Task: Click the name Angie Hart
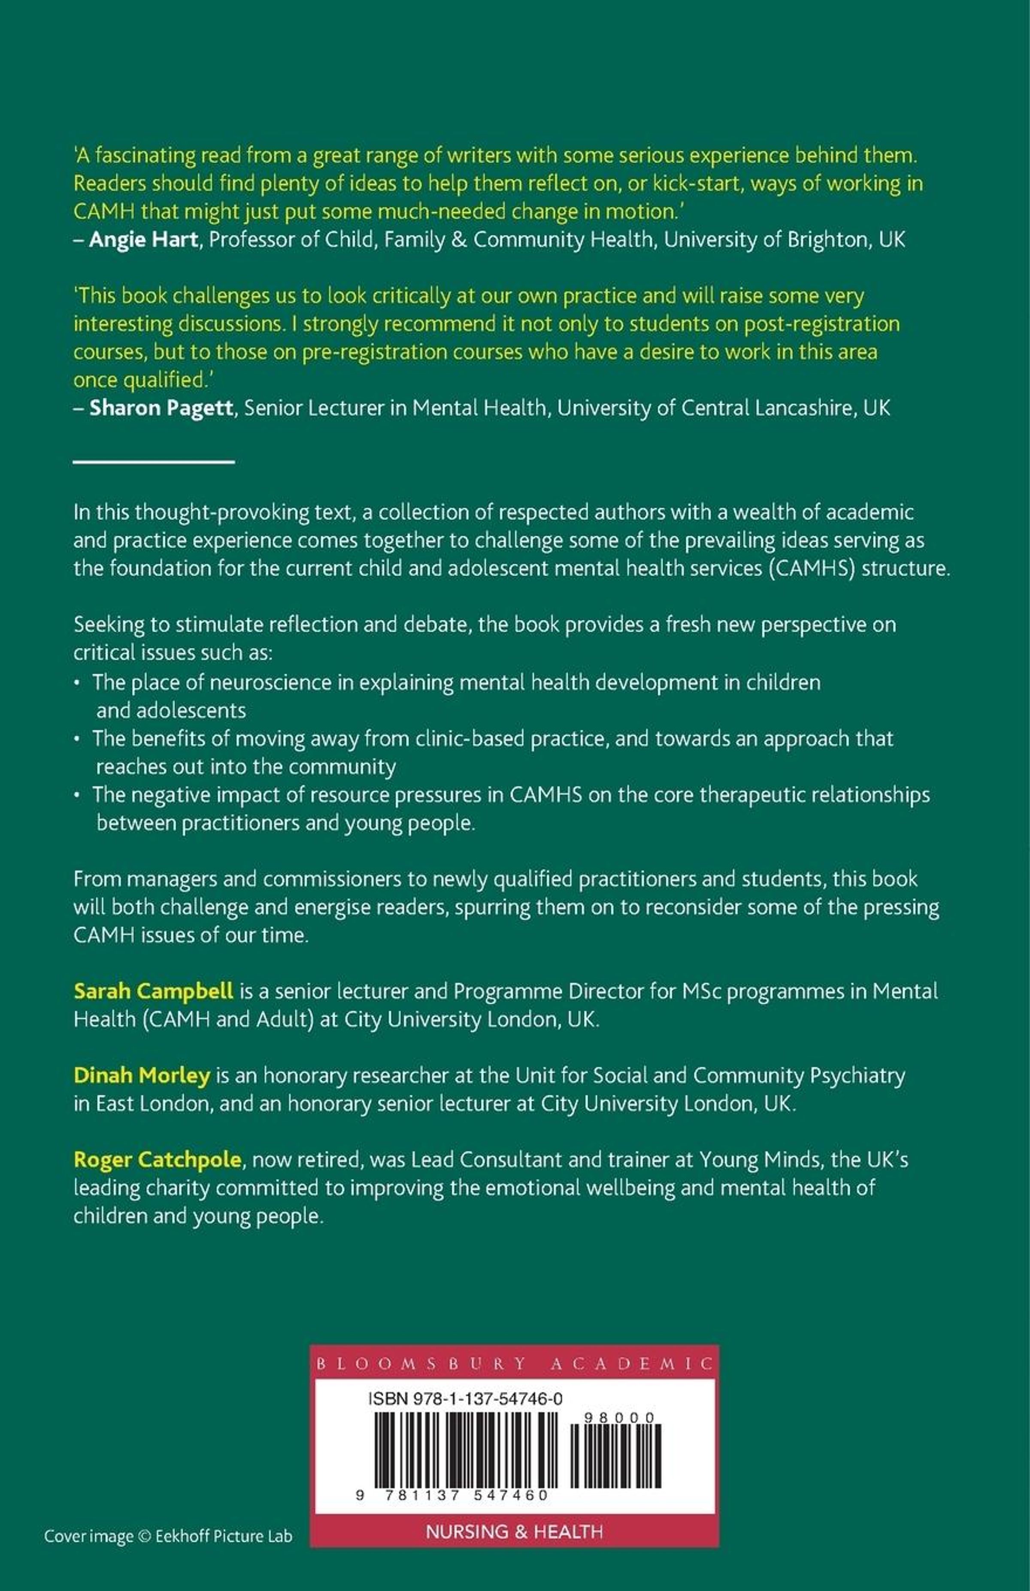click(143, 240)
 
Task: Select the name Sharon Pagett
click(161, 408)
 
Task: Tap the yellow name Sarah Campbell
click(153, 991)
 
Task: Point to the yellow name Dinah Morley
click(142, 1075)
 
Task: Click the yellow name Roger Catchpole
click(157, 1159)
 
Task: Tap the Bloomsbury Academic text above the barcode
click(514, 1363)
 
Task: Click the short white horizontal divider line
click(153, 461)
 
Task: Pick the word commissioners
click(342, 879)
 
